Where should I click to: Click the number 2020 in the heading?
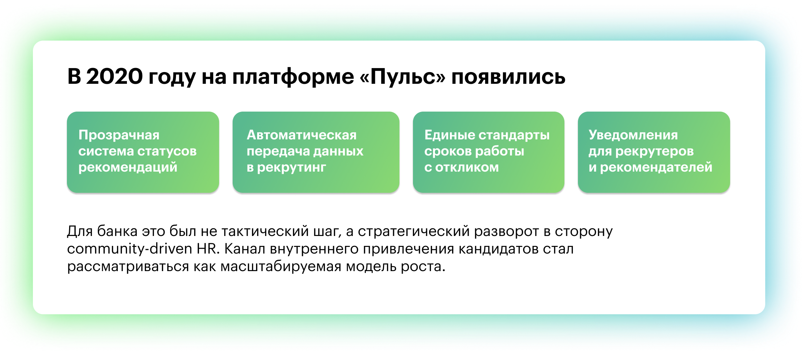point(114,77)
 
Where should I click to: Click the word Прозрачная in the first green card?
point(119,135)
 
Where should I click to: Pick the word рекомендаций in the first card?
point(128,168)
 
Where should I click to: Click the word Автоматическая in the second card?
point(302,135)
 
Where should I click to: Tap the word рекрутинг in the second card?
point(292,168)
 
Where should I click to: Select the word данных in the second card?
point(338,151)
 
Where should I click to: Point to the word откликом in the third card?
point(467,167)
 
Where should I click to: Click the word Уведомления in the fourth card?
point(633,135)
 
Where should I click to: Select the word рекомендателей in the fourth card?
point(656,168)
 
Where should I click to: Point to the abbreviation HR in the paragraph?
point(208,249)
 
